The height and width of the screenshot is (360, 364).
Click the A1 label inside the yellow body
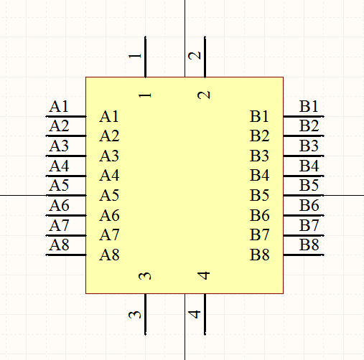pos(109,116)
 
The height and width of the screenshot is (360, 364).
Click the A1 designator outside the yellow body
pos(59,106)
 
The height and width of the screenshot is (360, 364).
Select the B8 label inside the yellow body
pos(260,255)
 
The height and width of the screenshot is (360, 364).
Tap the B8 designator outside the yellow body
pos(309,245)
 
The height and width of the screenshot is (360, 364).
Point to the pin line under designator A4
pos(66,176)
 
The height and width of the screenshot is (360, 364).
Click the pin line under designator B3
pos(304,156)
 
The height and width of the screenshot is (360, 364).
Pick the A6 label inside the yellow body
pos(109,215)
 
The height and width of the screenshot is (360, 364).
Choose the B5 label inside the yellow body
pos(259,195)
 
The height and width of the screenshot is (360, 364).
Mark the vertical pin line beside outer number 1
pos(145,57)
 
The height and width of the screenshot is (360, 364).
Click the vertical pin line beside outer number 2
pos(205,57)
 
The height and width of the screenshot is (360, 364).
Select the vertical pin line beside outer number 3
pos(145,314)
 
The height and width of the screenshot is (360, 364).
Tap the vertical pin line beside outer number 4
pos(205,314)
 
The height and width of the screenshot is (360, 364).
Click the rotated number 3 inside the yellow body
pos(145,276)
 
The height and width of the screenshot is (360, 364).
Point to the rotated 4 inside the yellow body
pos(204,275)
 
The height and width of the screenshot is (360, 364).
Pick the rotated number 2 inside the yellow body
pos(204,95)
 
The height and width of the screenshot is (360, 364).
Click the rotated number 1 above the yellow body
pos(135,56)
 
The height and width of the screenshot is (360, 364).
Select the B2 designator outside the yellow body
pos(309,125)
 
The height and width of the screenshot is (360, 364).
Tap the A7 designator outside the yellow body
pos(59,225)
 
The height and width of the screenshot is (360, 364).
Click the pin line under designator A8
pos(66,255)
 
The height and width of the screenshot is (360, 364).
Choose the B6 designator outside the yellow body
pos(309,205)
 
